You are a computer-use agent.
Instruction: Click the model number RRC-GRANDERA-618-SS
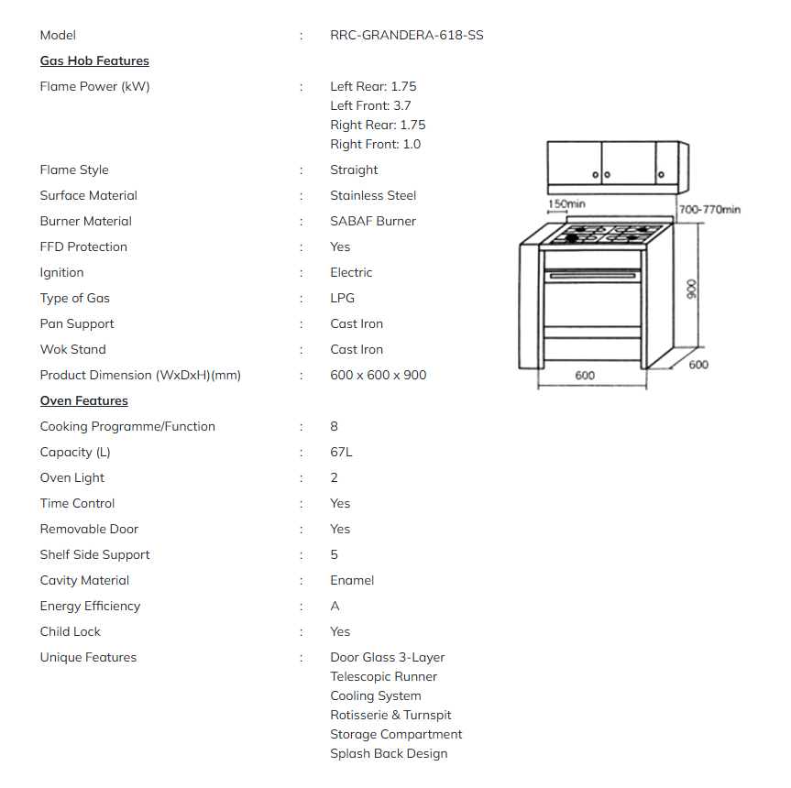406,36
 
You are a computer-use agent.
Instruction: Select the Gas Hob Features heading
94,61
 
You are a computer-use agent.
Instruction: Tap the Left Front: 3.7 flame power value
370,105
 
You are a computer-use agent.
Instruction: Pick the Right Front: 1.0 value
376,144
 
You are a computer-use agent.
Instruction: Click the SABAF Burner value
373,221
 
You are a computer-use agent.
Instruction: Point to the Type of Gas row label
74,298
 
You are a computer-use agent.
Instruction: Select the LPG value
342,298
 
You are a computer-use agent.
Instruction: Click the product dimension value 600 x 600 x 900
378,375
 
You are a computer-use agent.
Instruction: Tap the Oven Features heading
83,400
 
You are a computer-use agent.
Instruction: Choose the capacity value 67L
341,452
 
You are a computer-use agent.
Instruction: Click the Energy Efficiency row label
90,606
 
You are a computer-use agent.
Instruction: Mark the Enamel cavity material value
352,580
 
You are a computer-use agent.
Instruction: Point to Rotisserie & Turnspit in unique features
390,715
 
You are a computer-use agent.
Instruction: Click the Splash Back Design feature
389,753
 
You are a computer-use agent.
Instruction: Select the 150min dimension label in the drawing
566,203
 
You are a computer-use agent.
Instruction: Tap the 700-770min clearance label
709,210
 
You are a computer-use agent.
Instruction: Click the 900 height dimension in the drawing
692,289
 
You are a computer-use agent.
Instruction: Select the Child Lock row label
70,631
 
